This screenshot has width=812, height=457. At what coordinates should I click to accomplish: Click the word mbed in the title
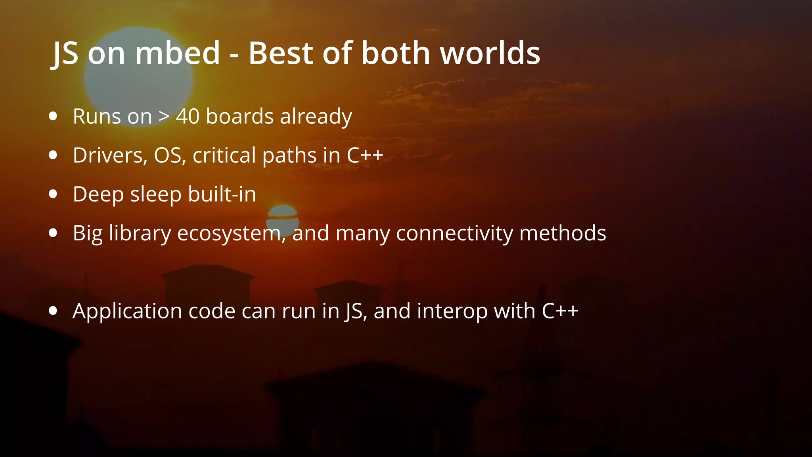[177, 53]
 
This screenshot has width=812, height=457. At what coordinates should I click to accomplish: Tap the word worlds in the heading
[490, 53]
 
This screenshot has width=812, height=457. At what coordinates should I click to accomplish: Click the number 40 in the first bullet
[188, 117]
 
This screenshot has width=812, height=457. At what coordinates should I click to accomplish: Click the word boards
[240, 117]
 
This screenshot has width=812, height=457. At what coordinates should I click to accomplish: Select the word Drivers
[110, 156]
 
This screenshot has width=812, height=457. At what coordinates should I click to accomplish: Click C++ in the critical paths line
[365, 156]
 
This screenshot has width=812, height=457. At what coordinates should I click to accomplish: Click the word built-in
[222, 194]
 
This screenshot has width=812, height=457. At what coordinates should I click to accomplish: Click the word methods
[563, 233]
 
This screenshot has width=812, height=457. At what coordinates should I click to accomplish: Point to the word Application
[127, 311]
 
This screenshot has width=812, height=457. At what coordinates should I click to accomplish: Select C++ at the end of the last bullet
[560, 311]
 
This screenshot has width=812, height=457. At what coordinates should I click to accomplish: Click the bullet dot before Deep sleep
[53, 194]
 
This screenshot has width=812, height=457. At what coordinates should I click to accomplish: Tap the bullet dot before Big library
[53, 233]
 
